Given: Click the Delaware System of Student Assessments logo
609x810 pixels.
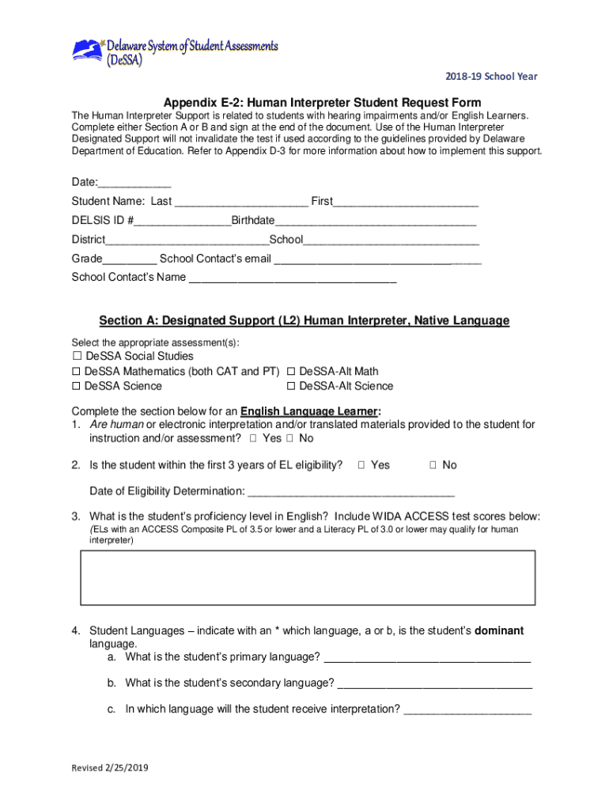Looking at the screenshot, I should point(175,53).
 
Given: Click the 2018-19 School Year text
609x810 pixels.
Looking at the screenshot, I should point(490,77).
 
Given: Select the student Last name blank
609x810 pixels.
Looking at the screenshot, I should point(240,202).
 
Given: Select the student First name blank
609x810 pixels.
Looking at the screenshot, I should point(406,202).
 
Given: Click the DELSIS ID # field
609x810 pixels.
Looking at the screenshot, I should point(182,221).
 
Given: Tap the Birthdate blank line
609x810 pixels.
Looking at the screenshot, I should point(376,221).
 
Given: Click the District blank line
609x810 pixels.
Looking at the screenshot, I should point(187,240).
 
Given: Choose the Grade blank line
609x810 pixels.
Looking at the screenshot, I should point(129,259).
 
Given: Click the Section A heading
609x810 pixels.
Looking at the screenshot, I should point(304,321).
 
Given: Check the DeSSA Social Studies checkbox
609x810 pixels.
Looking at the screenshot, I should point(77,357).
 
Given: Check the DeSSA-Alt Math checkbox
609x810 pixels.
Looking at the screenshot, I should point(291,372).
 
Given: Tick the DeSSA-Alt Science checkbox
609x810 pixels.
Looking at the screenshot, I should point(291,387).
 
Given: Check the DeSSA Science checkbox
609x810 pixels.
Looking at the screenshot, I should point(77,387).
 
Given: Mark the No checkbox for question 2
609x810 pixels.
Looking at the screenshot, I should point(433,465).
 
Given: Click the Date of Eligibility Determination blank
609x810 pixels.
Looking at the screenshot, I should point(351,491).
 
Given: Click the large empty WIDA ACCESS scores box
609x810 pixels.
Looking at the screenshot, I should point(308,578).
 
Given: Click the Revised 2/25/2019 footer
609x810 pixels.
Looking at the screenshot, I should point(110,768).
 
